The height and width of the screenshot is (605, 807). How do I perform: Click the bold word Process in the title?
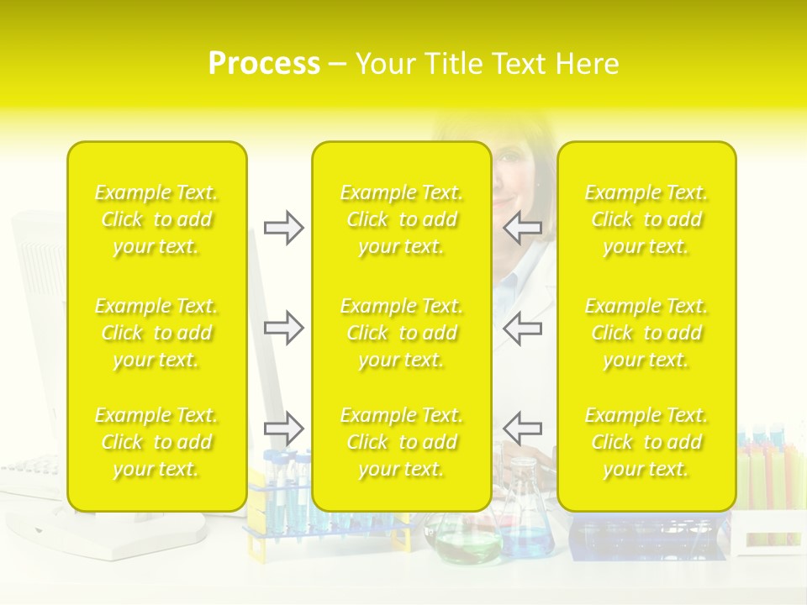click(x=264, y=64)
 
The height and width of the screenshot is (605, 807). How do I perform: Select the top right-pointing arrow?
click(x=283, y=227)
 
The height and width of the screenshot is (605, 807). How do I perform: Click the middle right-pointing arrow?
click(x=283, y=328)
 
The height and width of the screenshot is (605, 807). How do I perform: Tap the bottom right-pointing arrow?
click(x=283, y=429)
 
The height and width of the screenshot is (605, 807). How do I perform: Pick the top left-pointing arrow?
click(x=523, y=227)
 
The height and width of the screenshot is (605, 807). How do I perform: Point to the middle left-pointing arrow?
click(x=523, y=328)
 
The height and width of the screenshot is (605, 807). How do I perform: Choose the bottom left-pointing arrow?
click(x=523, y=429)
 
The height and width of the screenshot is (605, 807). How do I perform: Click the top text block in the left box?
click(x=156, y=219)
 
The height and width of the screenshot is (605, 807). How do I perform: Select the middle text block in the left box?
click(x=156, y=333)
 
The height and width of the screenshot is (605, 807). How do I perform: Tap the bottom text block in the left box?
click(x=156, y=442)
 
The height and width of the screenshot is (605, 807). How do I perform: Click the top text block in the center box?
click(x=402, y=219)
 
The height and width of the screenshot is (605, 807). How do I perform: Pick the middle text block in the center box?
click(x=402, y=333)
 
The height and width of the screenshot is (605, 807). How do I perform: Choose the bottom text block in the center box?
click(x=402, y=442)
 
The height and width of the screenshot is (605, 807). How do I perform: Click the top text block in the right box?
click(x=646, y=219)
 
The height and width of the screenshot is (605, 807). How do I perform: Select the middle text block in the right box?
click(x=646, y=333)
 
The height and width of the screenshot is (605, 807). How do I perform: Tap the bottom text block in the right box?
click(x=646, y=442)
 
